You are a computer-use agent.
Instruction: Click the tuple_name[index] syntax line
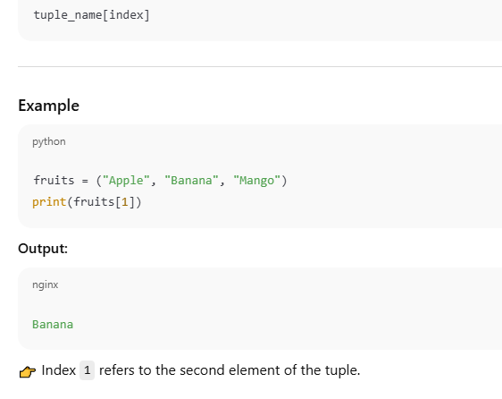(x=92, y=15)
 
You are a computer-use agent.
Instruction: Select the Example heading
(x=48, y=106)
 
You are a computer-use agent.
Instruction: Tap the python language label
(x=49, y=141)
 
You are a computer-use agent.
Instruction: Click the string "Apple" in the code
(x=126, y=181)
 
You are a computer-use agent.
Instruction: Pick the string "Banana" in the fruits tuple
(x=191, y=181)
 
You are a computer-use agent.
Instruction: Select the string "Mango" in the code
(x=256, y=181)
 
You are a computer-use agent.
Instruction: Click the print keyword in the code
(x=49, y=202)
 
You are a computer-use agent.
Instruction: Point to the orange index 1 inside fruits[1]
(x=125, y=202)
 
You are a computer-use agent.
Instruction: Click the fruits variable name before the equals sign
(x=54, y=180)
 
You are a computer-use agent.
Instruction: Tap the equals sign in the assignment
(x=85, y=182)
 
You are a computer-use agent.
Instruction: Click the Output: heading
(x=43, y=249)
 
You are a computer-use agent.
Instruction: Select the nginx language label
(x=46, y=284)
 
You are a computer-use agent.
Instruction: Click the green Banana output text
(x=53, y=325)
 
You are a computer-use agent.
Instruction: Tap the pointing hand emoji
(x=28, y=372)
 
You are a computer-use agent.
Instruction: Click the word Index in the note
(x=59, y=370)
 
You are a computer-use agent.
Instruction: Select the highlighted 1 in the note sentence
(x=87, y=370)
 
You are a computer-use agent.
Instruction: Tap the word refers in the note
(x=117, y=370)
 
